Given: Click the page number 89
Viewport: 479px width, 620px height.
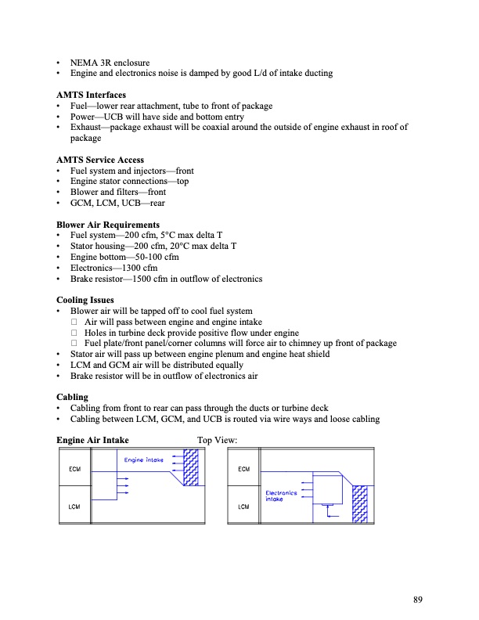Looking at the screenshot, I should [x=418, y=600].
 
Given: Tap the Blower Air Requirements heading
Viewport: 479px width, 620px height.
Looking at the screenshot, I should [x=107, y=225].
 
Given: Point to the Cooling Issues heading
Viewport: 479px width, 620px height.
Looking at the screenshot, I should [x=85, y=300].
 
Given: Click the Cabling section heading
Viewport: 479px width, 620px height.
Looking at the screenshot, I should [x=72, y=397].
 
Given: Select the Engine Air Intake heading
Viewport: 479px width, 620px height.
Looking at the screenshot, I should [x=92, y=441].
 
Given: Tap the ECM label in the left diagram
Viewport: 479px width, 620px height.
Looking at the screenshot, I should [x=75, y=469].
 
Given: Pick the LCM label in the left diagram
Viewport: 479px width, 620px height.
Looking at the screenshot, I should [x=75, y=506].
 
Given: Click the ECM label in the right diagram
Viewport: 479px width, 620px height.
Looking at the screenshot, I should [x=243, y=469].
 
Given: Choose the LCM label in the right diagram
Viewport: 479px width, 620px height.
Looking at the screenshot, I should [x=243, y=506].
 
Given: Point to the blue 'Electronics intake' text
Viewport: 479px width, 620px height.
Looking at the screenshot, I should [x=280, y=496].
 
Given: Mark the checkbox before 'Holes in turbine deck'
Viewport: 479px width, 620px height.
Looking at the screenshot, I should [x=75, y=333].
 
